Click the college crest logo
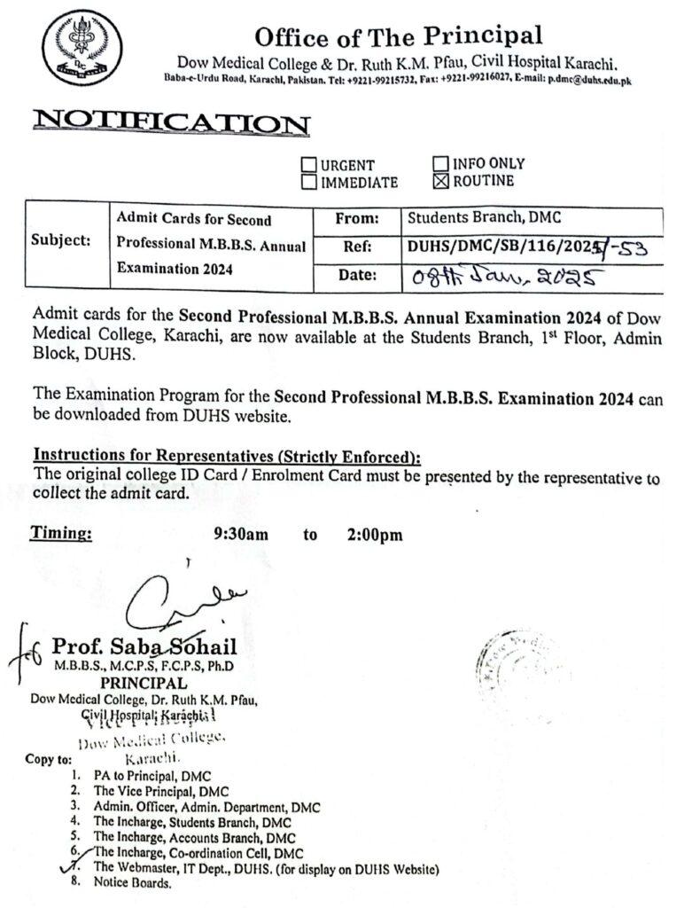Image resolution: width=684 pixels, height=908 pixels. click(x=82, y=48)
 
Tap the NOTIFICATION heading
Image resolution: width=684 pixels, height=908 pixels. click(x=171, y=123)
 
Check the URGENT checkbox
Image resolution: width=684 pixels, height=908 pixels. click(x=309, y=165)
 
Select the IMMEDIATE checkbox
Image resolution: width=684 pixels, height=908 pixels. click(x=309, y=183)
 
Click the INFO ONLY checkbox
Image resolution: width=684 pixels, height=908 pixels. click(x=440, y=164)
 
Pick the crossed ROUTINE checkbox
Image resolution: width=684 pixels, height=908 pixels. click(x=440, y=182)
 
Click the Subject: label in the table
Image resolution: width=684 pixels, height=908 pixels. click(x=60, y=240)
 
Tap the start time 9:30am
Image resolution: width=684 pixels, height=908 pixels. click(x=241, y=535)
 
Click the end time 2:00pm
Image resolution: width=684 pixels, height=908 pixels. click(x=374, y=535)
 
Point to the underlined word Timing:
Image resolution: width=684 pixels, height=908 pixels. click(x=61, y=534)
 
